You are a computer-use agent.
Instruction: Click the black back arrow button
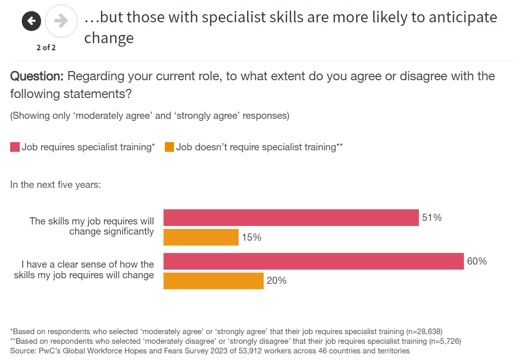click(31, 21)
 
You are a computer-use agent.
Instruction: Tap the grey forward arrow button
click(61, 21)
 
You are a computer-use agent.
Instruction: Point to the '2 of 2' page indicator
click(46, 48)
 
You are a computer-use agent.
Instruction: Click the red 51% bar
click(291, 218)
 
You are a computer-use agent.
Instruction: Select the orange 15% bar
click(201, 237)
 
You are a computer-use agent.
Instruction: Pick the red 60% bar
click(314, 261)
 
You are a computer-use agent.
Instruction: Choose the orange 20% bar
click(214, 281)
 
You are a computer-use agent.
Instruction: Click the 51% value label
click(432, 218)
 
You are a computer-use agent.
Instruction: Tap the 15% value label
click(251, 237)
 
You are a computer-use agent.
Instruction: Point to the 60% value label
click(477, 261)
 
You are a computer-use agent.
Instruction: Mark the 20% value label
click(276, 280)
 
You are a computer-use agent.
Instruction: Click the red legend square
click(15, 147)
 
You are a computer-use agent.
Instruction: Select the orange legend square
click(169, 147)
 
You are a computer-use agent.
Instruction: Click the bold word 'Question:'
click(37, 77)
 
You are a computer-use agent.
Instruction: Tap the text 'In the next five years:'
click(55, 184)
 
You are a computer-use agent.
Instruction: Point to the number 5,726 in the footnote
click(446, 341)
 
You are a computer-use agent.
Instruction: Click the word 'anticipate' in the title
click(463, 18)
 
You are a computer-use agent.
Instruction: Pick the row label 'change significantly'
click(111, 232)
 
